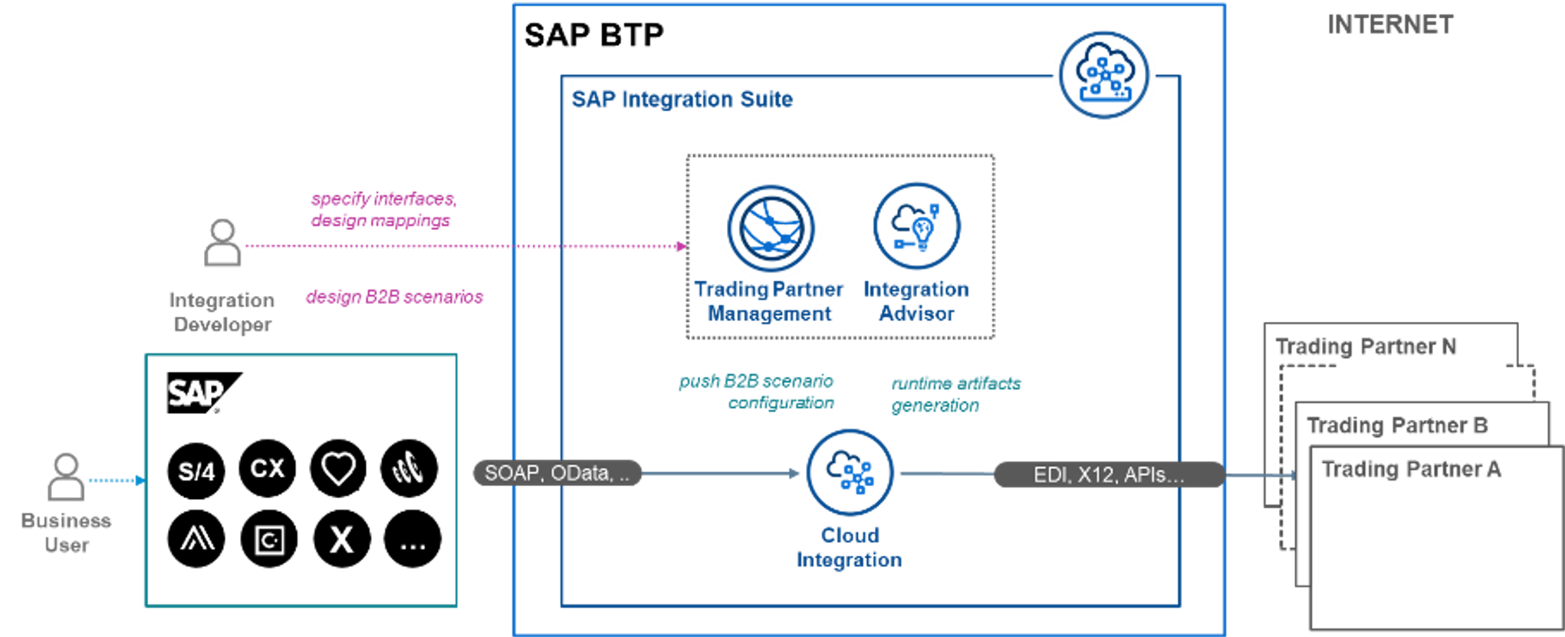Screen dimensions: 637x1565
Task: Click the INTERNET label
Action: [x=1390, y=25]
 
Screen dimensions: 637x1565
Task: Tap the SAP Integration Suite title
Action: [x=682, y=100]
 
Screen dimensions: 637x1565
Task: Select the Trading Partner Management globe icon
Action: [x=771, y=228]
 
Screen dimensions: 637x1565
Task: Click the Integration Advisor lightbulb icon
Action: [x=917, y=226]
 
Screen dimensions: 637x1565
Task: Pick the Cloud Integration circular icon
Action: [x=850, y=473]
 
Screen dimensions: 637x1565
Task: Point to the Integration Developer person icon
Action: [x=222, y=243]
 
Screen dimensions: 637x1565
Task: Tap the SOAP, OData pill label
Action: [x=557, y=474]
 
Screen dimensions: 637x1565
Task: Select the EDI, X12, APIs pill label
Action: [x=1108, y=475]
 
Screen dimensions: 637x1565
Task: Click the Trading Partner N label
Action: [x=1366, y=346]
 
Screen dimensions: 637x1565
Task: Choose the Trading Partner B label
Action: [x=1397, y=425]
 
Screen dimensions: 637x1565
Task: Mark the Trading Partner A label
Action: [x=1411, y=469]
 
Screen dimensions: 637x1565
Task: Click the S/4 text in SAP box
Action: [x=196, y=471]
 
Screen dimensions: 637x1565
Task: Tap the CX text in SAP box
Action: [x=268, y=468]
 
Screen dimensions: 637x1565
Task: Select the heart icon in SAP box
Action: [x=338, y=469]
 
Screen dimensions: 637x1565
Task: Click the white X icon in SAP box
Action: [x=341, y=540]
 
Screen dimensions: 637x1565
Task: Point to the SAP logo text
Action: [x=196, y=393]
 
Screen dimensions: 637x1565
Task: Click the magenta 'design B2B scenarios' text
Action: [x=395, y=297]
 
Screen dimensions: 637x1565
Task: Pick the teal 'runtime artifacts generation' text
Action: [x=955, y=394]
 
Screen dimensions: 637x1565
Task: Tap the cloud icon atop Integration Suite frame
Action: [x=1103, y=74]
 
